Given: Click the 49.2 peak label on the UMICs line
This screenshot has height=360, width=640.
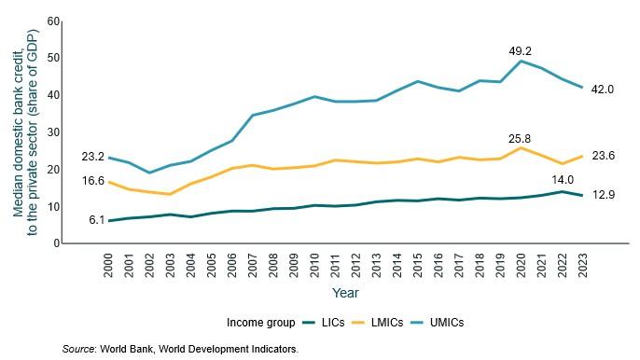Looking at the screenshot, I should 520,51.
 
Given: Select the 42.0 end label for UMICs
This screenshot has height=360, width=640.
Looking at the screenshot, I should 604,89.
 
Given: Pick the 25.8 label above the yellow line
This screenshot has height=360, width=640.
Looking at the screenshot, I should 520,138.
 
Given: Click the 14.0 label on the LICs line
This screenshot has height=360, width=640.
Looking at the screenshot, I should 562,181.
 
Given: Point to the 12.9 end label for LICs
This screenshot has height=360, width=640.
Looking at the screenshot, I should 604,196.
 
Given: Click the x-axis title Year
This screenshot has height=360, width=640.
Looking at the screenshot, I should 345,292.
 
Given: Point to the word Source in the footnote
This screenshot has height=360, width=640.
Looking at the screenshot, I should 79,349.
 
